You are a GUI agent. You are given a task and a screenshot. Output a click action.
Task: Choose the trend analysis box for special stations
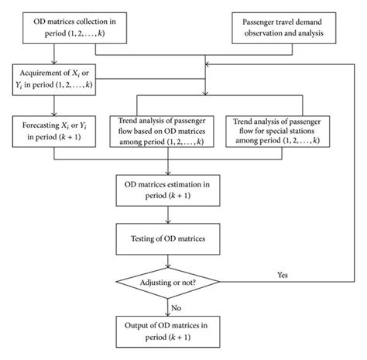click(282, 128)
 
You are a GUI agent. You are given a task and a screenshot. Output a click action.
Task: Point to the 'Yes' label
click(283, 273)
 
